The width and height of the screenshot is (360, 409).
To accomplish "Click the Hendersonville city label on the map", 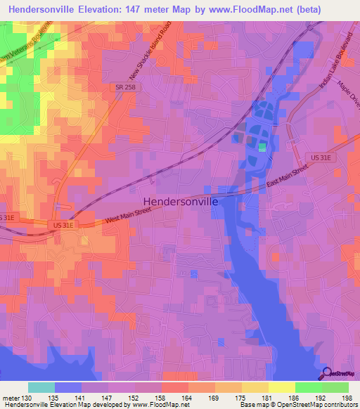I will [x=185, y=200].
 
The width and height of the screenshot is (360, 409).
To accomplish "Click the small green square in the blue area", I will [x=262, y=147].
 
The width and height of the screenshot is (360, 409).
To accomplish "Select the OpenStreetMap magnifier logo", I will [x=326, y=373].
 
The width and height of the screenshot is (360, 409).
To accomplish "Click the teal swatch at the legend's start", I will [x=41, y=387].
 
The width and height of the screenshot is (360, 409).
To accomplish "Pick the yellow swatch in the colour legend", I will [x=282, y=387].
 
